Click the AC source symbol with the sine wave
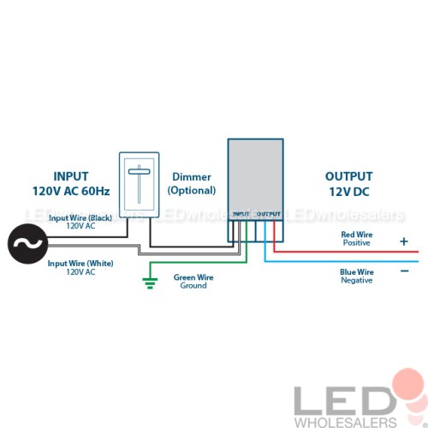[27, 244]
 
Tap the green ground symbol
[150, 283]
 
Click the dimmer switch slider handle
[139, 171]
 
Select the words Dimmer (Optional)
[192, 184]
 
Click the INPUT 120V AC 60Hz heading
[71, 184]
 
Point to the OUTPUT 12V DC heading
[349, 184]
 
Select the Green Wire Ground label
[193, 282]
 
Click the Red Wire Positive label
[357, 239]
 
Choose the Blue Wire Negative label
[357, 276]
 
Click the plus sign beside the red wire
[404, 241]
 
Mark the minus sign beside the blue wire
[405, 270]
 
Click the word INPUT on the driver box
[241, 214]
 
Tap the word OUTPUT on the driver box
[268, 214]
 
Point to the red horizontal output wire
[346, 252]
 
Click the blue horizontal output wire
[342, 261]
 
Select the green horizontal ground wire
[199, 262]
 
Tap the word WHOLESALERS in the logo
[346, 422]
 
